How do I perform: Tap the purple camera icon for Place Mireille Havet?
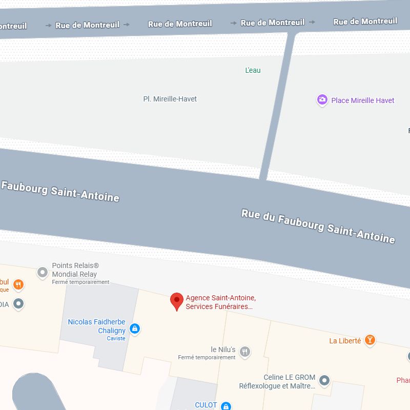(x=322, y=100)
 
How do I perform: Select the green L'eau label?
(x=253, y=70)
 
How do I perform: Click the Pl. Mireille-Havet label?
(x=170, y=99)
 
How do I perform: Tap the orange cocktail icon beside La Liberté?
(x=370, y=340)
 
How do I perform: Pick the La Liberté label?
(x=345, y=341)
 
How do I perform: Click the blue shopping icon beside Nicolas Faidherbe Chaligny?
(x=134, y=329)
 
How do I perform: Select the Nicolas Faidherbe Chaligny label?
(x=97, y=326)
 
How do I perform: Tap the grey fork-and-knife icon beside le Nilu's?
(x=245, y=351)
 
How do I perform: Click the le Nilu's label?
(x=223, y=350)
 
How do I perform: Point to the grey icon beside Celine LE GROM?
(x=324, y=380)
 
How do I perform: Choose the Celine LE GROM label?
(x=290, y=378)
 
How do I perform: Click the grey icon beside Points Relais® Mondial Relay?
(x=43, y=273)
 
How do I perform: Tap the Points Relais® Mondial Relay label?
(x=75, y=270)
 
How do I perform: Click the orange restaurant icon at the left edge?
(x=18, y=284)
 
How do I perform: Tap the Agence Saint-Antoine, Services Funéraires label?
(x=220, y=302)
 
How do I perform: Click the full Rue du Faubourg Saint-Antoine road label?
(x=318, y=226)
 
